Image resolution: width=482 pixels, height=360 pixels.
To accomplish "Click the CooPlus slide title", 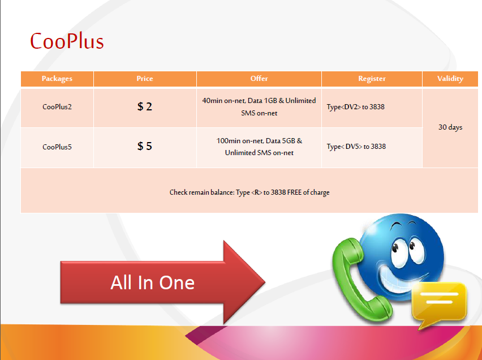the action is (x=67, y=41).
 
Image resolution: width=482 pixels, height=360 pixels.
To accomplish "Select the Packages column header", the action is (x=57, y=79).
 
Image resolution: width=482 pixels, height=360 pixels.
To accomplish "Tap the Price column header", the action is (x=145, y=79).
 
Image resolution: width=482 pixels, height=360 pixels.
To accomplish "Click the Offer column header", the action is (x=259, y=79).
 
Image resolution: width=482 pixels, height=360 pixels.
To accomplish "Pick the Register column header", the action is (x=372, y=79).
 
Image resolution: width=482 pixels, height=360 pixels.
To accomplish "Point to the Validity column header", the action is (x=450, y=79).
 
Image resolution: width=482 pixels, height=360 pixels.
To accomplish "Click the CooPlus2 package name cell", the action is (x=57, y=107).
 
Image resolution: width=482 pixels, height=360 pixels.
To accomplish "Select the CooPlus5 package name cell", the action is (x=57, y=147).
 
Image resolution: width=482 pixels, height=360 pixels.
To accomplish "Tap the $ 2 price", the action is (x=144, y=106).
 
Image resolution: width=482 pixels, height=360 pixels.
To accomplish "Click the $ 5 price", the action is (x=144, y=146).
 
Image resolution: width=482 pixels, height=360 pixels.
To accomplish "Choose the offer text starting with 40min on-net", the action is (x=259, y=107).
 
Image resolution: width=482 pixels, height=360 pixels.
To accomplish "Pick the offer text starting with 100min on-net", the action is (x=259, y=147).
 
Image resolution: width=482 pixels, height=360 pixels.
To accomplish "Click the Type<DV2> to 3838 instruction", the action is (x=356, y=107).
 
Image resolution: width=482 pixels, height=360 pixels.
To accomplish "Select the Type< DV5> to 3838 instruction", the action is (x=356, y=147).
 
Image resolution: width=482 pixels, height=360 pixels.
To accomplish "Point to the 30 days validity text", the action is (x=450, y=127).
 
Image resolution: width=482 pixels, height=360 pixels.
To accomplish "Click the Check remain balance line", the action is (x=249, y=192).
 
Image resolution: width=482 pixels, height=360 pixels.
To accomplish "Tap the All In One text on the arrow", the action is (x=153, y=282).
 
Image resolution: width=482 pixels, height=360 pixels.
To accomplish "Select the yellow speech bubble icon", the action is (x=439, y=303).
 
